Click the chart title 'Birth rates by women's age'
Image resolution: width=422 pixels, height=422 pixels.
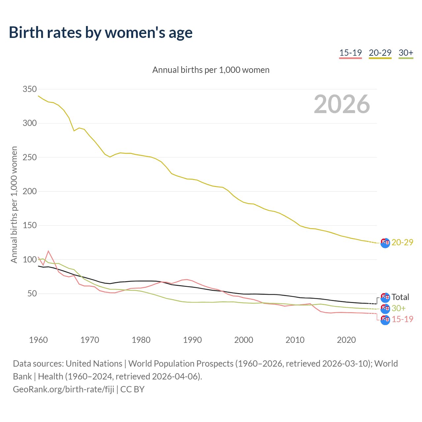[101, 33]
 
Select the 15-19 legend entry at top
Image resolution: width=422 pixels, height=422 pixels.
[350, 53]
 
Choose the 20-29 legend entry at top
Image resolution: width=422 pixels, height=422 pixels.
[380, 53]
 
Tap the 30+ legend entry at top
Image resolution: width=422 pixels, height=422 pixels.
[406, 53]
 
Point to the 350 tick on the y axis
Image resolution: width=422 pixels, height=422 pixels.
[30, 89]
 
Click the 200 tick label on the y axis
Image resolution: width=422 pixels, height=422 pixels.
[30, 192]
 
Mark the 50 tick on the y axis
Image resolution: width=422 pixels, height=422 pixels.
[32, 294]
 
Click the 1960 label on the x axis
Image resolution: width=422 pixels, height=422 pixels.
[38, 340]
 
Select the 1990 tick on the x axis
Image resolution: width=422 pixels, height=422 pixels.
[192, 340]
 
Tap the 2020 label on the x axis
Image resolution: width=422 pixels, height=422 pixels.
[346, 340]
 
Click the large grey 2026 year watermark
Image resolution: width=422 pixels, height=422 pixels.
[342, 104]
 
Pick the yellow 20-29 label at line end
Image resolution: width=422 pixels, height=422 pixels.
[402, 242]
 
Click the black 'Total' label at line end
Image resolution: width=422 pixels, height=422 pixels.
[400, 297]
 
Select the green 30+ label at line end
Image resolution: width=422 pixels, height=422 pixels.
[399, 308]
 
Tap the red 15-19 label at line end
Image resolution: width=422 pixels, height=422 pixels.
[402, 319]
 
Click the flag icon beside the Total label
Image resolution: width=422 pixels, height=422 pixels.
[385, 298]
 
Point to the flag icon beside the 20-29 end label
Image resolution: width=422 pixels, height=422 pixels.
[385, 243]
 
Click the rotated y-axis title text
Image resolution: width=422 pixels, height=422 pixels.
[14, 204]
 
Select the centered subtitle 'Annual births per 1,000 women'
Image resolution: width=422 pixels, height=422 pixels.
[211, 70]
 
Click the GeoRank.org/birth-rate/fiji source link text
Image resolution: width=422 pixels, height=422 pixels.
[64, 389]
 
